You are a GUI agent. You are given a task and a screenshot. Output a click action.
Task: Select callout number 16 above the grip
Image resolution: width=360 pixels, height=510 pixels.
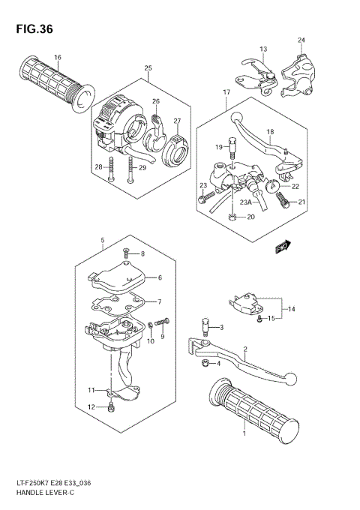pyautogui.click(x=58, y=58)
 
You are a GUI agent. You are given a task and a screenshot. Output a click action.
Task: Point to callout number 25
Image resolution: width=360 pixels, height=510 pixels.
pyautogui.click(x=148, y=69)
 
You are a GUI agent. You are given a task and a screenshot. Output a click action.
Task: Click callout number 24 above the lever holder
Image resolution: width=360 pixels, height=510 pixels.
pyautogui.click(x=301, y=40)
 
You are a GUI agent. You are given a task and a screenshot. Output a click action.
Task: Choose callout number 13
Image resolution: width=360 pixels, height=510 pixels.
pyautogui.click(x=263, y=49)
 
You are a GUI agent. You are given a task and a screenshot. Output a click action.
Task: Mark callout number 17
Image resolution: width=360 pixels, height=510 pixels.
pyautogui.click(x=225, y=91)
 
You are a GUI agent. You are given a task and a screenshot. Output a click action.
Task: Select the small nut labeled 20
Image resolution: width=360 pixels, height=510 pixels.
pyautogui.click(x=233, y=217)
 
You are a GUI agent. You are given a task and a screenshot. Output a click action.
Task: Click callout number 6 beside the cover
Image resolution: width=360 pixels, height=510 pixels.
pyautogui.click(x=159, y=277)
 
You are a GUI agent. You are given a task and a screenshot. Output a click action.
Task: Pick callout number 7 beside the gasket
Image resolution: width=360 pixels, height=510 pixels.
pyautogui.click(x=159, y=301)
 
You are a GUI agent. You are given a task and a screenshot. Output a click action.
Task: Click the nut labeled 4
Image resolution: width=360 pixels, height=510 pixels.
pyautogui.click(x=205, y=364)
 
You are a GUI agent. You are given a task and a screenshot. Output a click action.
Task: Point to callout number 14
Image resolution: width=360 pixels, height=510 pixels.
pyautogui.click(x=291, y=308)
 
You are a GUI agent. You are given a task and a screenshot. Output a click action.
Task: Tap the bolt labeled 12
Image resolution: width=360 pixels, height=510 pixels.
pyautogui.click(x=111, y=407)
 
